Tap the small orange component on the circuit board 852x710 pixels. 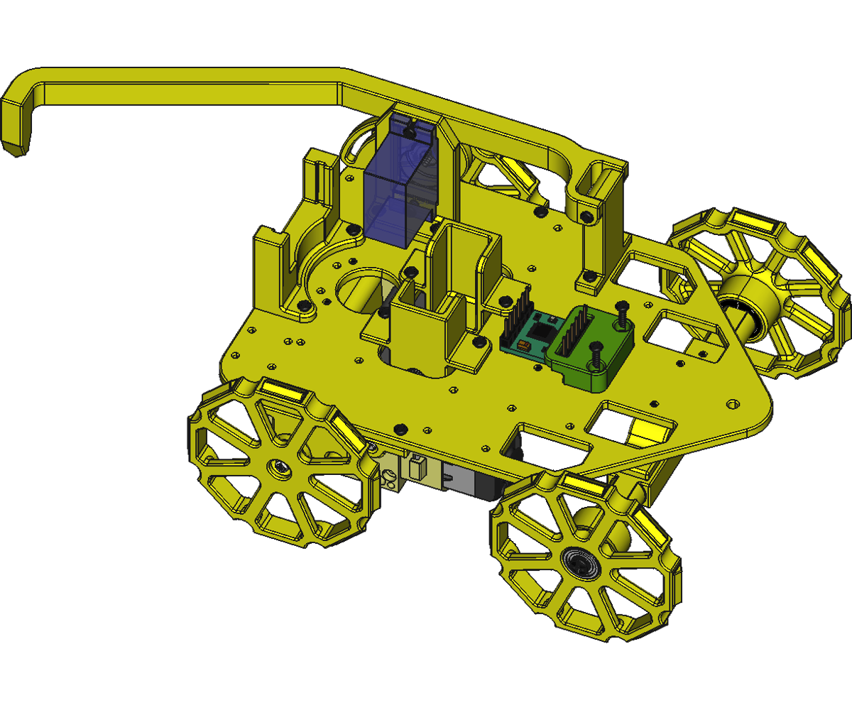[x=523, y=346]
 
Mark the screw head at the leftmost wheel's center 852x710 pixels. [x=279, y=468]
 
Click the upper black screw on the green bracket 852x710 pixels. [x=623, y=312]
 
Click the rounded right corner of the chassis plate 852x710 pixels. [x=763, y=419]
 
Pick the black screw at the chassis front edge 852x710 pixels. [x=400, y=428]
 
